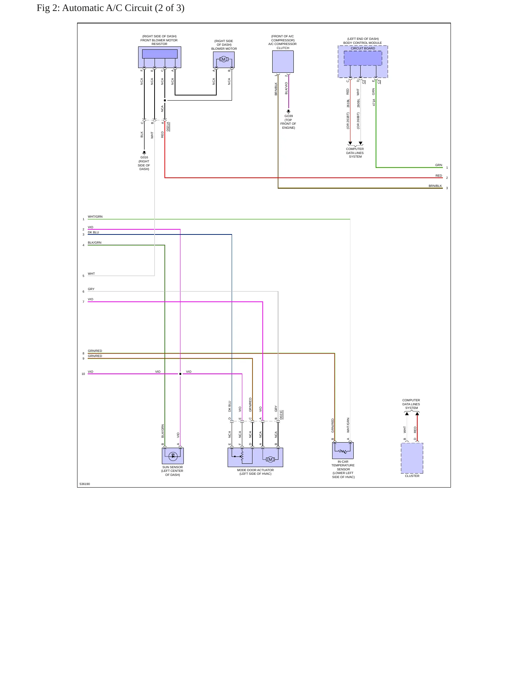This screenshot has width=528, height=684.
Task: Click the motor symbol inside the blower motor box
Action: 224,59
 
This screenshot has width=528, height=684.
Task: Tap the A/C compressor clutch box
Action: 283,61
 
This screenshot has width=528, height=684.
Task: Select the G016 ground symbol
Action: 144,153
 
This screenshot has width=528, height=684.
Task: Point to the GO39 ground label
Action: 289,116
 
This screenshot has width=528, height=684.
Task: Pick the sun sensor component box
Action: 173,456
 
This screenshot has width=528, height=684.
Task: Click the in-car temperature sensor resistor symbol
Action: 343,451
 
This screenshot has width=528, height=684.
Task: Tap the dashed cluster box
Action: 412,458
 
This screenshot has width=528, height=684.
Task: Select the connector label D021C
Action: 281,415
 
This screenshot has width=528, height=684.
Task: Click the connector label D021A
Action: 168,127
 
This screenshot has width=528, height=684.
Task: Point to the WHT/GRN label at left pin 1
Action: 95,217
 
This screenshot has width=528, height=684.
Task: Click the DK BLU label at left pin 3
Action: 93,232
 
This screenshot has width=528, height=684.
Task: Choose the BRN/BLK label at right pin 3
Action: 435,186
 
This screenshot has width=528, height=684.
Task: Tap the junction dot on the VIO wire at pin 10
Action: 180,374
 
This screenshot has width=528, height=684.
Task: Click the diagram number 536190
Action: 85,484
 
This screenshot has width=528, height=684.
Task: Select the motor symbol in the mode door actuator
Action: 270,459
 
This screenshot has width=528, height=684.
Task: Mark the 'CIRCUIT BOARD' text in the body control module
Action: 363,48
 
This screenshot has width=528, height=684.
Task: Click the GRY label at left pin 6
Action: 91,289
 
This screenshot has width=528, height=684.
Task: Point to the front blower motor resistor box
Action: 160,57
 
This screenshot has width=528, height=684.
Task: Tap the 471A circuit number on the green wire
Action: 374,102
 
